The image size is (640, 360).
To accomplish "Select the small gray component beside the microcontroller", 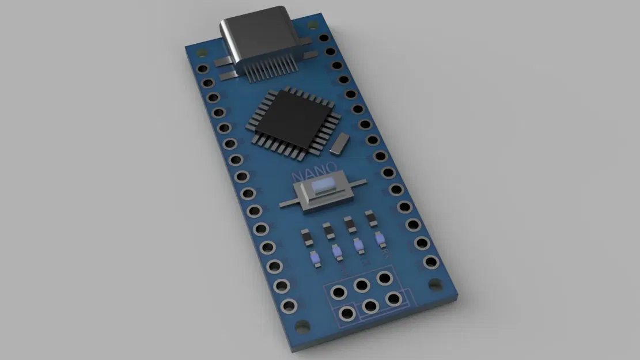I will click(x=340, y=143).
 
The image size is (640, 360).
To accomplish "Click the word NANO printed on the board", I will click(x=315, y=173).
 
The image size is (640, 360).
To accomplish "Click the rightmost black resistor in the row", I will click(x=370, y=218).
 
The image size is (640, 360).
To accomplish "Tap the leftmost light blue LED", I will click(x=316, y=260).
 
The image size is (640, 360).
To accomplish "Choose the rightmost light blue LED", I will click(x=380, y=238).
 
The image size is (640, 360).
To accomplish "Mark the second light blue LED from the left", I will click(x=338, y=253).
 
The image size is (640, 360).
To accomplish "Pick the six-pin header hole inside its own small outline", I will click(x=347, y=314).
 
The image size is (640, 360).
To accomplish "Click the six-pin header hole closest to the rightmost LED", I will click(x=385, y=278).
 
